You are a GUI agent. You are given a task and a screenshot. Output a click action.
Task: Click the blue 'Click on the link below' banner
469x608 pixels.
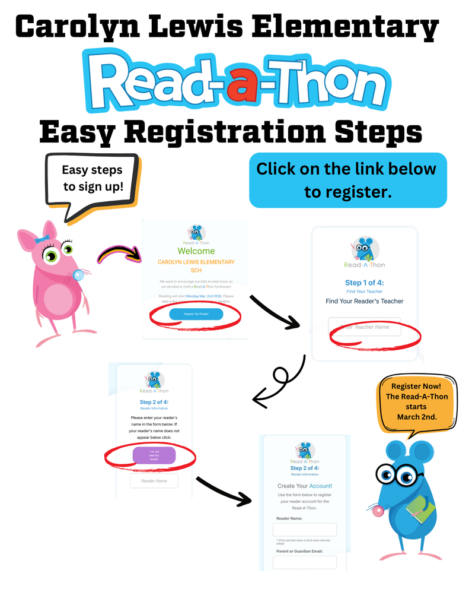tap(347, 180)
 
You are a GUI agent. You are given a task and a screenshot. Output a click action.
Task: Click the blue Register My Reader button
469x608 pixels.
tap(196, 314)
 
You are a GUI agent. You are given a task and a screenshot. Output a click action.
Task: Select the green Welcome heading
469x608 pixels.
tap(196, 251)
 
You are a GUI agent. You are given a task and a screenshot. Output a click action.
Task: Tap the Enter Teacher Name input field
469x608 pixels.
tap(365, 327)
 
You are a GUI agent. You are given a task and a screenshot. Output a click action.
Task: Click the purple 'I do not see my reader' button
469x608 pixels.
tap(154, 455)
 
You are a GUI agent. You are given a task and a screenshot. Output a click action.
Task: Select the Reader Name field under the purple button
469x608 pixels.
tap(154, 480)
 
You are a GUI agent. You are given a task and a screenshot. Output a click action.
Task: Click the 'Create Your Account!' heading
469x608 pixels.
tap(305, 486)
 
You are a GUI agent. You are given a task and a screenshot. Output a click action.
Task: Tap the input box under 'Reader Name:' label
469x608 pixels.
tap(305, 530)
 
